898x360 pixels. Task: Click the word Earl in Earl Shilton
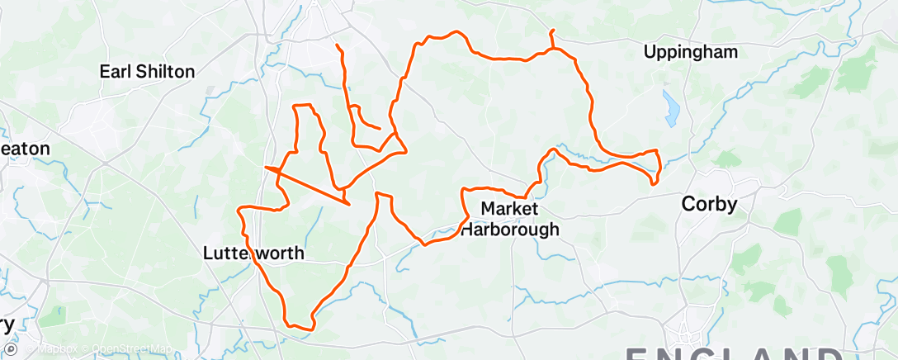[x=116, y=72]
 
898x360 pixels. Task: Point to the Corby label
[x=709, y=204]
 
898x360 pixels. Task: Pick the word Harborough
[x=508, y=229]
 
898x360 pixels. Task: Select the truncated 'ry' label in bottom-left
[x=7, y=324]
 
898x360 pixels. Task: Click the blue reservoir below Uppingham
[x=670, y=105]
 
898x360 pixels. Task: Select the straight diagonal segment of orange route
[x=307, y=185]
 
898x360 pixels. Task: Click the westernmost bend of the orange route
[x=239, y=212]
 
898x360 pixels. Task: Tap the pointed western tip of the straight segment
[x=266, y=168]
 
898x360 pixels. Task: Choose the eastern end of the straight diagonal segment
[x=349, y=203]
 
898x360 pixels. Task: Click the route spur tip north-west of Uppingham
[x=551, y=31]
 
